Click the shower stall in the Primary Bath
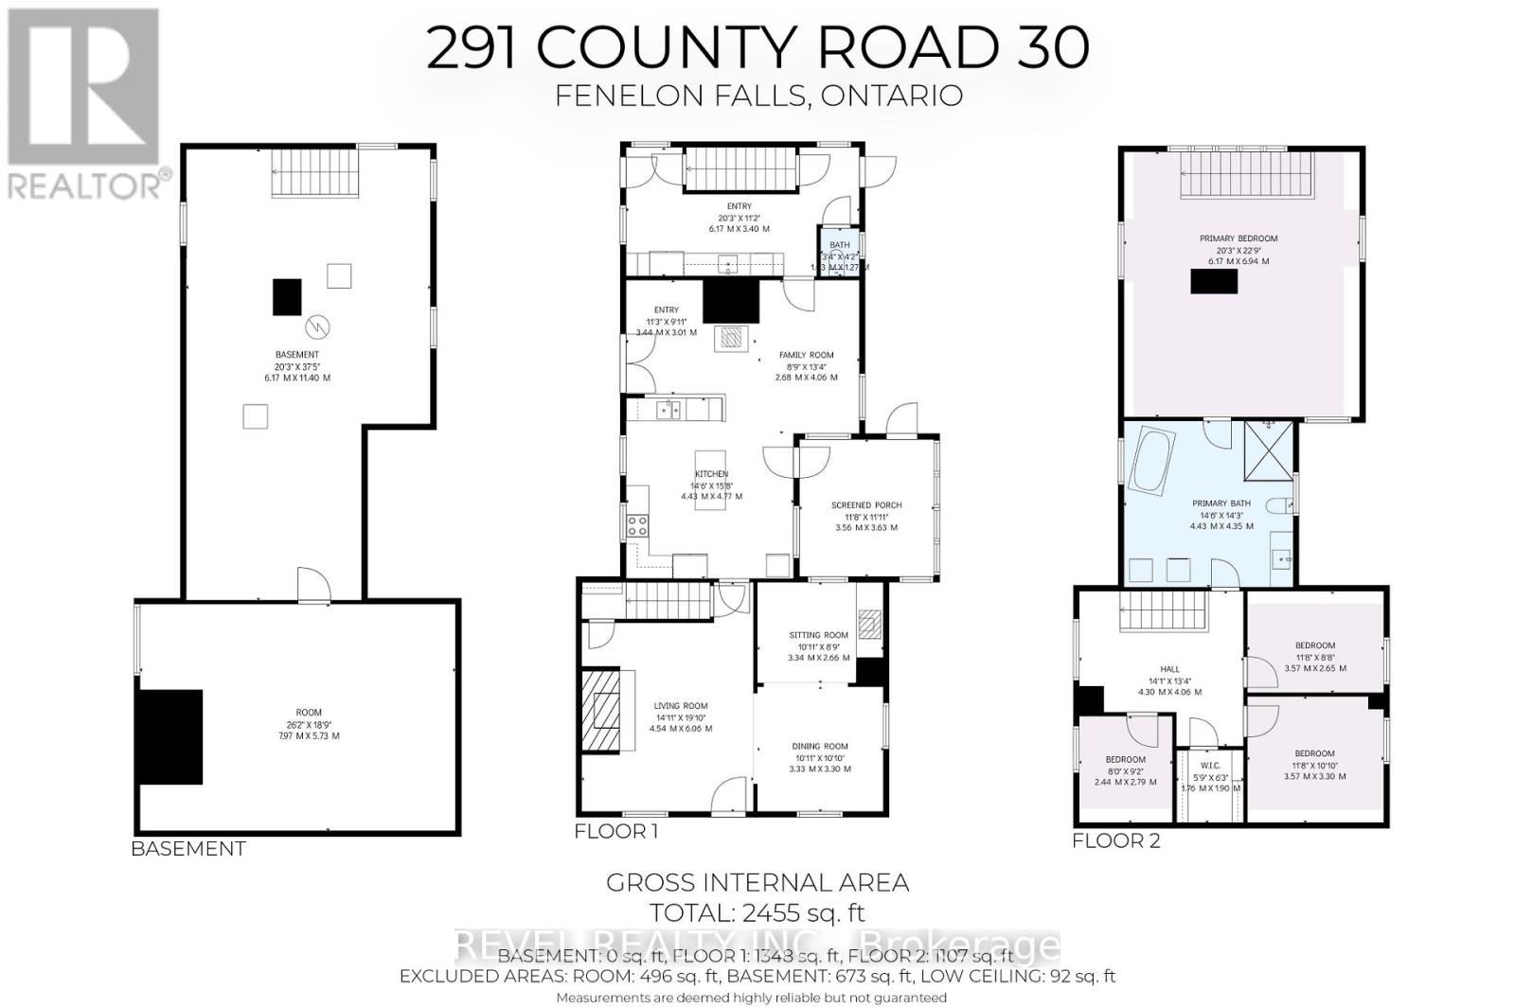point(1268,452)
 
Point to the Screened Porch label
point(866,505)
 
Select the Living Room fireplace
point(600,712)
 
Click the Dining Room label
point(820,747)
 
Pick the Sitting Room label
point(819,636)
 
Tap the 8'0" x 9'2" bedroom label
point(1125,760)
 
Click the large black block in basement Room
point(171,736)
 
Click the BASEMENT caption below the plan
point(188,849)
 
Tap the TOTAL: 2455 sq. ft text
point(757,913)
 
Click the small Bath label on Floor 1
point(839,245)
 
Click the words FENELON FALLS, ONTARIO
point(757,96)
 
